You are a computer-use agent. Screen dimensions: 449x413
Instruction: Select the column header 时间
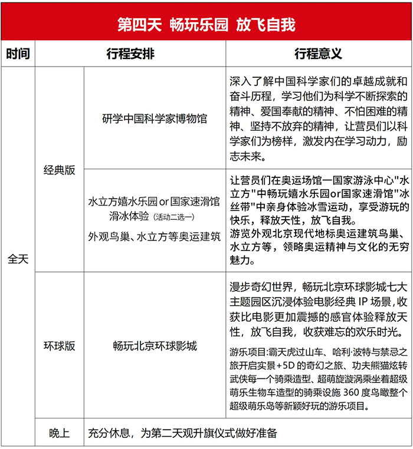pos(18,54)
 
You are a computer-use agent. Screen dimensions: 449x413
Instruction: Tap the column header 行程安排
pos(130,54)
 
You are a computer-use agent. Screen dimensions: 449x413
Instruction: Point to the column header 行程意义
pos(318,54)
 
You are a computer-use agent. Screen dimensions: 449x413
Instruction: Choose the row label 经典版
pos(60,170)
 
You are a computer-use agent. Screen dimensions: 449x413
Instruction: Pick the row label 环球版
pos(60,346)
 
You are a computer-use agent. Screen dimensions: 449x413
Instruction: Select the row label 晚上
pos(60,433)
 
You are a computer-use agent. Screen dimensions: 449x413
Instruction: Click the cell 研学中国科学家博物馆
pos(155,118)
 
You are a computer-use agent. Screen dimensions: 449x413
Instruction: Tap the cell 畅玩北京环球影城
pos(155,346)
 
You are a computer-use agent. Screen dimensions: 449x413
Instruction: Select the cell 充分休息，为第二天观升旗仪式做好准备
pos(182,433)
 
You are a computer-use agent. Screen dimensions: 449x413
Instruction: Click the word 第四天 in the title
pos(137,25)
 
